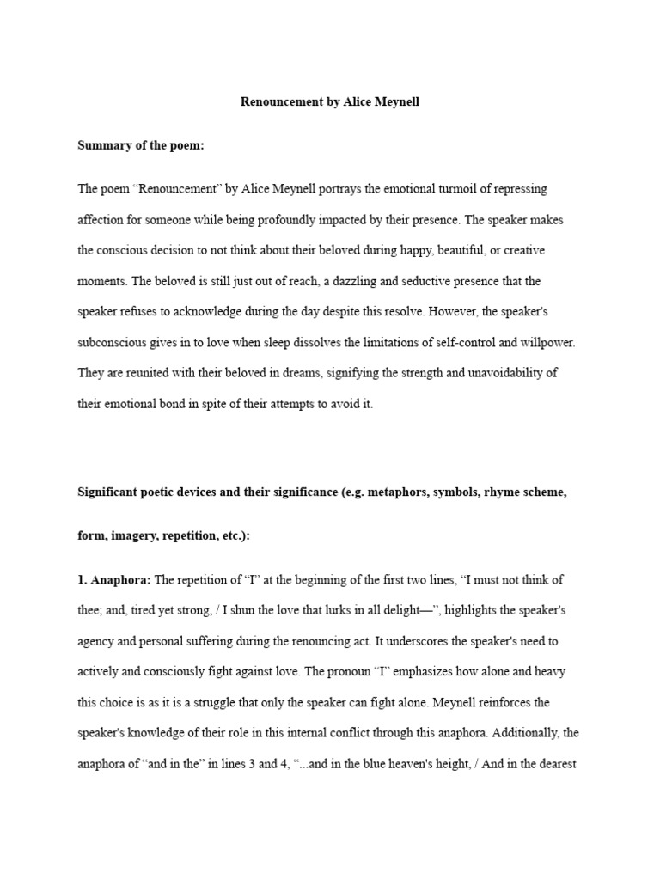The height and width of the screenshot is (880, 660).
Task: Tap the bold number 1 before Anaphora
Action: pyautogui.click(x=82, y=579)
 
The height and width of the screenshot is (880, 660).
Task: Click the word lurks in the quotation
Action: pyautogui.click(x=304, y=609)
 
